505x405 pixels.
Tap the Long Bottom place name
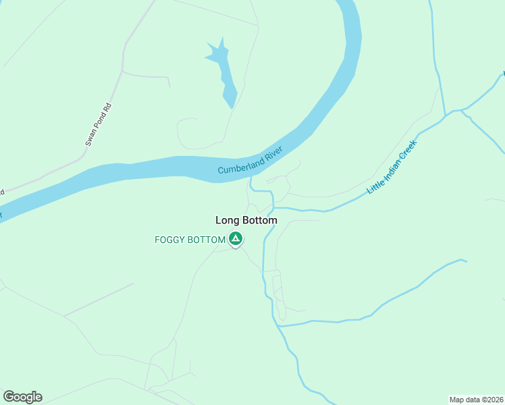coord(246,220)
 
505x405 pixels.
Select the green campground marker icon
coord(236,238)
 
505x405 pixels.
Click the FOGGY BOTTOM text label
coord(190,239)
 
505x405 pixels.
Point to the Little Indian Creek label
coord(392,168)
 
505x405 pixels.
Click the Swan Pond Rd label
coord(97,126)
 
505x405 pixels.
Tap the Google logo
coord(22,397)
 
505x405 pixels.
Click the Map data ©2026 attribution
coord(476,399)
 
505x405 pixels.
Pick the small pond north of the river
coord(224,70)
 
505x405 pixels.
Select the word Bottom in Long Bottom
coord(259,220)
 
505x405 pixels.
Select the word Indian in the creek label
coord(393,167)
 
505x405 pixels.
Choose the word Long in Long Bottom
coord(227,220)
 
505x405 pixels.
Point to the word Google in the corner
coord(22,397)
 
